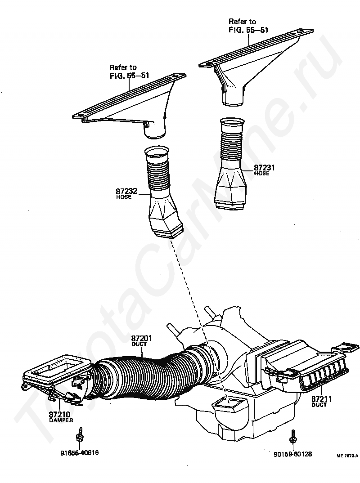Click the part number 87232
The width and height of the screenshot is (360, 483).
point(126,192)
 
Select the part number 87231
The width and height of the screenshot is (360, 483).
point(265,168)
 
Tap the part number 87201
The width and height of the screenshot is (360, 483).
point(141,338)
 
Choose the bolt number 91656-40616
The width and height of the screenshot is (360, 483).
point(80,453)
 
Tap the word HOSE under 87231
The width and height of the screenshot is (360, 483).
point(261,174)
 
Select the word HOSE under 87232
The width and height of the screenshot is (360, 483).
point(124,197)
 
